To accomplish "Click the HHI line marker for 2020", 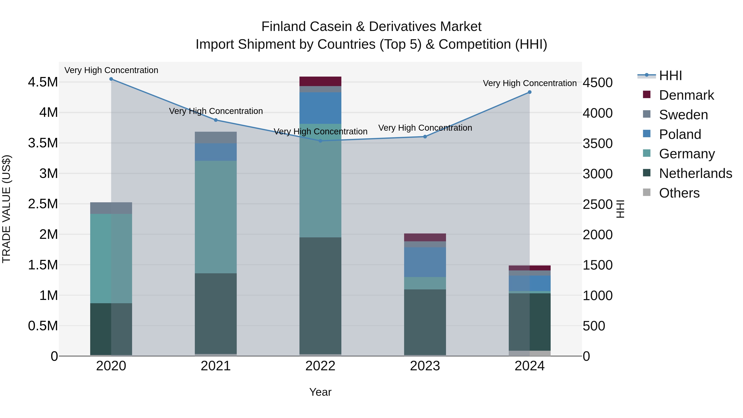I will [x=111, y=79].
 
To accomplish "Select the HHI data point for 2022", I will [x=320, y=141].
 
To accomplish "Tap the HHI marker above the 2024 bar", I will [x=530, y=92].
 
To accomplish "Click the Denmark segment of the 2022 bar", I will [x=320, y=81].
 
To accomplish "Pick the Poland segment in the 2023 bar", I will [x=425, y=262].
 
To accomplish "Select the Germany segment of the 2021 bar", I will [x=216, y=217].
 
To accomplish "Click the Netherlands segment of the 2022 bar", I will [x=320, y=295].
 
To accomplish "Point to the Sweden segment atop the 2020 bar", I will [x=111, y=208].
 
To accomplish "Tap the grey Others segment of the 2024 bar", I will [x=530, y=353].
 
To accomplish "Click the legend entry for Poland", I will [x=680, y=134].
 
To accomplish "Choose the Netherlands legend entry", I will [x=695, y=173].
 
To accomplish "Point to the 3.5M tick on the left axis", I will [x=43, y=143].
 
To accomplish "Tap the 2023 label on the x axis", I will [x=425, y=366].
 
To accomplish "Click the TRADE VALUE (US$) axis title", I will [x=6, y=209].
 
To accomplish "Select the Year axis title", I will [x=320, y=392].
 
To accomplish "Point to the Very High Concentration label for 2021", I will [x=216, y=111].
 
